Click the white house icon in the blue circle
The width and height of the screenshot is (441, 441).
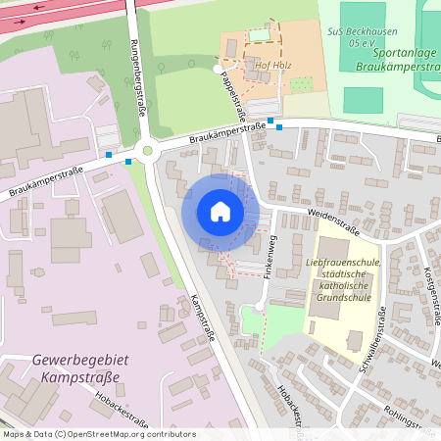point(220,212)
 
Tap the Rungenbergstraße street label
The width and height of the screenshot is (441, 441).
point(137,78)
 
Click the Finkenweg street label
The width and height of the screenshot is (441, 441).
point(273,257)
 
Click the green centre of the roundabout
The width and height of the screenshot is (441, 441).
point(148,151)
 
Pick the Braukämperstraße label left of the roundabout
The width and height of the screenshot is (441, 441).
point(44,179)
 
